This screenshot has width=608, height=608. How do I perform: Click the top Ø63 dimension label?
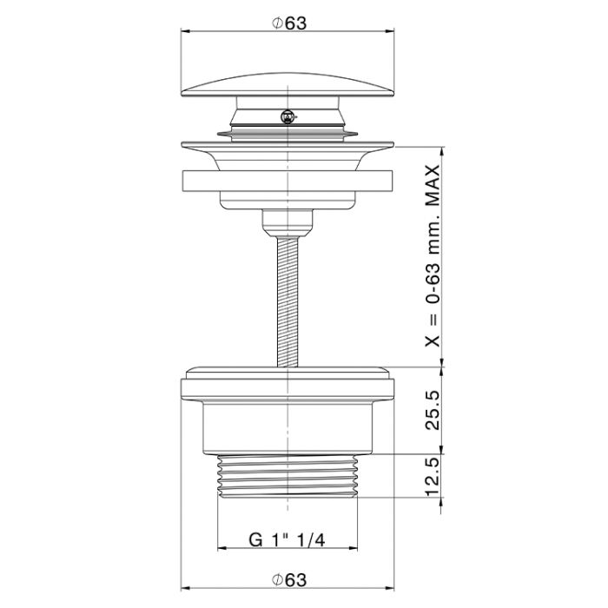pos(289,23)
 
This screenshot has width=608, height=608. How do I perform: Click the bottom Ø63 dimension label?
pos(289,580)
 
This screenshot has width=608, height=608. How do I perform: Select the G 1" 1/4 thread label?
pos(287,539)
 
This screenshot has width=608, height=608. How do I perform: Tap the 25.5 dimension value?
pos(433,410)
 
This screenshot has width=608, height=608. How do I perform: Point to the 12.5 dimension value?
pos(433,477)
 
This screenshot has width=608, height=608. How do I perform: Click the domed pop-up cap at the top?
pos(287,84)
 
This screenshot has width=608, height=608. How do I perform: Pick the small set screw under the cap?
pos(287,116)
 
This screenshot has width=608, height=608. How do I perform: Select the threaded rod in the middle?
pos(287,301)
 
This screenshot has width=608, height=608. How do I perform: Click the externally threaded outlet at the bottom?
pos(287,476)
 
